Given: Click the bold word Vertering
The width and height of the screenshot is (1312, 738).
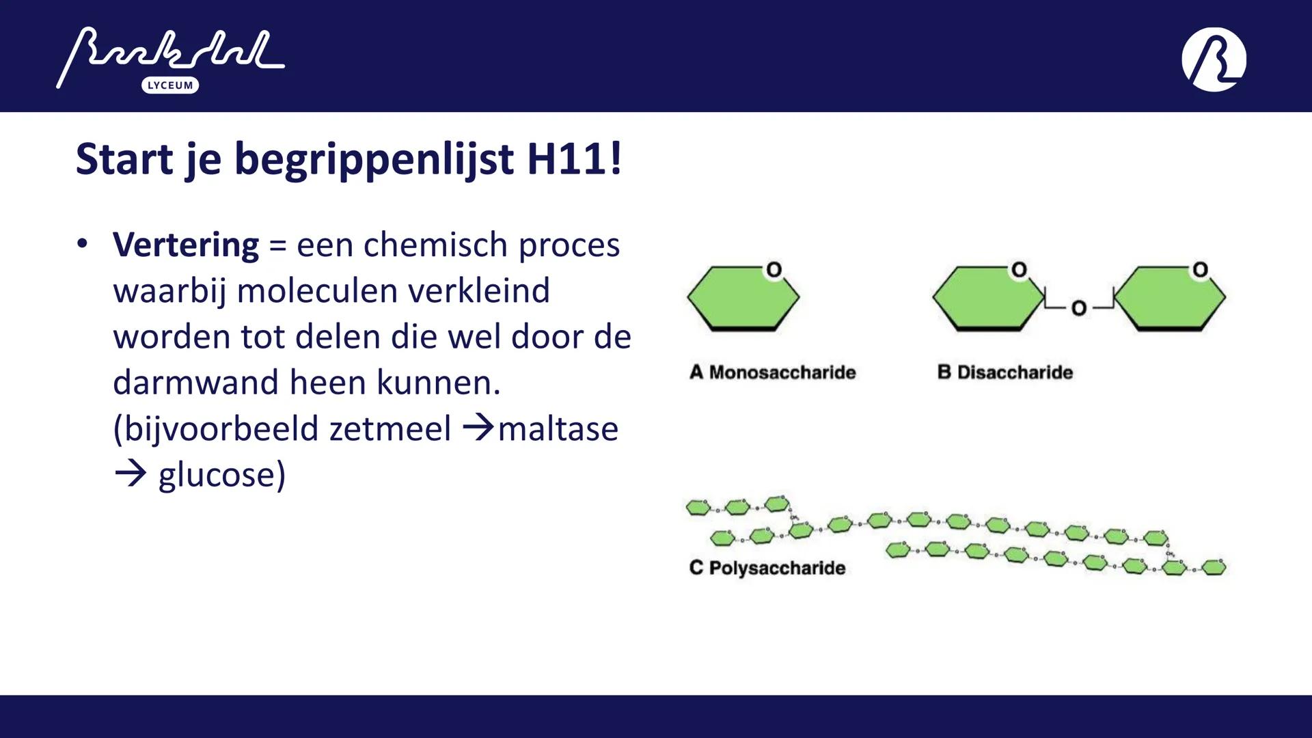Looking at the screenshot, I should [186, 245].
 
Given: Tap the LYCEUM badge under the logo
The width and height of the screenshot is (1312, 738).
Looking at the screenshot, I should [170, 85].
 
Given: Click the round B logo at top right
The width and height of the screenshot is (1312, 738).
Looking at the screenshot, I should [1214, 59].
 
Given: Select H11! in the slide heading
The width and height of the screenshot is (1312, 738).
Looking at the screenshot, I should [575, 159].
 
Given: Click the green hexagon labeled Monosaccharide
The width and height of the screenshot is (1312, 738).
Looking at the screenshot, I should [742, 299].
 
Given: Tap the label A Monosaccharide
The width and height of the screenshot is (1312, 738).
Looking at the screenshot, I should [772, 372].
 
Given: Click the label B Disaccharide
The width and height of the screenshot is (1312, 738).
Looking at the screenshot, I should [1004, 372].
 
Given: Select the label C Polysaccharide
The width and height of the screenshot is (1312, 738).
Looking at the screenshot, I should [767, 568].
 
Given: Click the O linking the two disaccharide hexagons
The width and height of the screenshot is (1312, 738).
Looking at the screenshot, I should [1079, 308].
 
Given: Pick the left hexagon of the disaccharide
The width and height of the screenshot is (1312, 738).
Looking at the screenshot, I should [987, 299].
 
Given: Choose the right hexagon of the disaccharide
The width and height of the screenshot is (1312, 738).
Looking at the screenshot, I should [1170, 299].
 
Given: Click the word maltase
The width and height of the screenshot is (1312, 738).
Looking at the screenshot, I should [558, 429].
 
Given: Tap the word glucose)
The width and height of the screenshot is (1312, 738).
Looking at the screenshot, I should [222, 475].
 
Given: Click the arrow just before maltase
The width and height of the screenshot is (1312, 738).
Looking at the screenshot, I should [478, 428].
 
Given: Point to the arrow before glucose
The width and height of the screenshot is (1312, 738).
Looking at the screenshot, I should [131, 474].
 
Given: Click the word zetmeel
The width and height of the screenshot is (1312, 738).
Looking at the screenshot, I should [390, 429].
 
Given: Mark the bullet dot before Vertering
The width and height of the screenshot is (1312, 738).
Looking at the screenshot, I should [83, 244].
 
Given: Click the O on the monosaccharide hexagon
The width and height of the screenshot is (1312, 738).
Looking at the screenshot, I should [774, 270].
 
